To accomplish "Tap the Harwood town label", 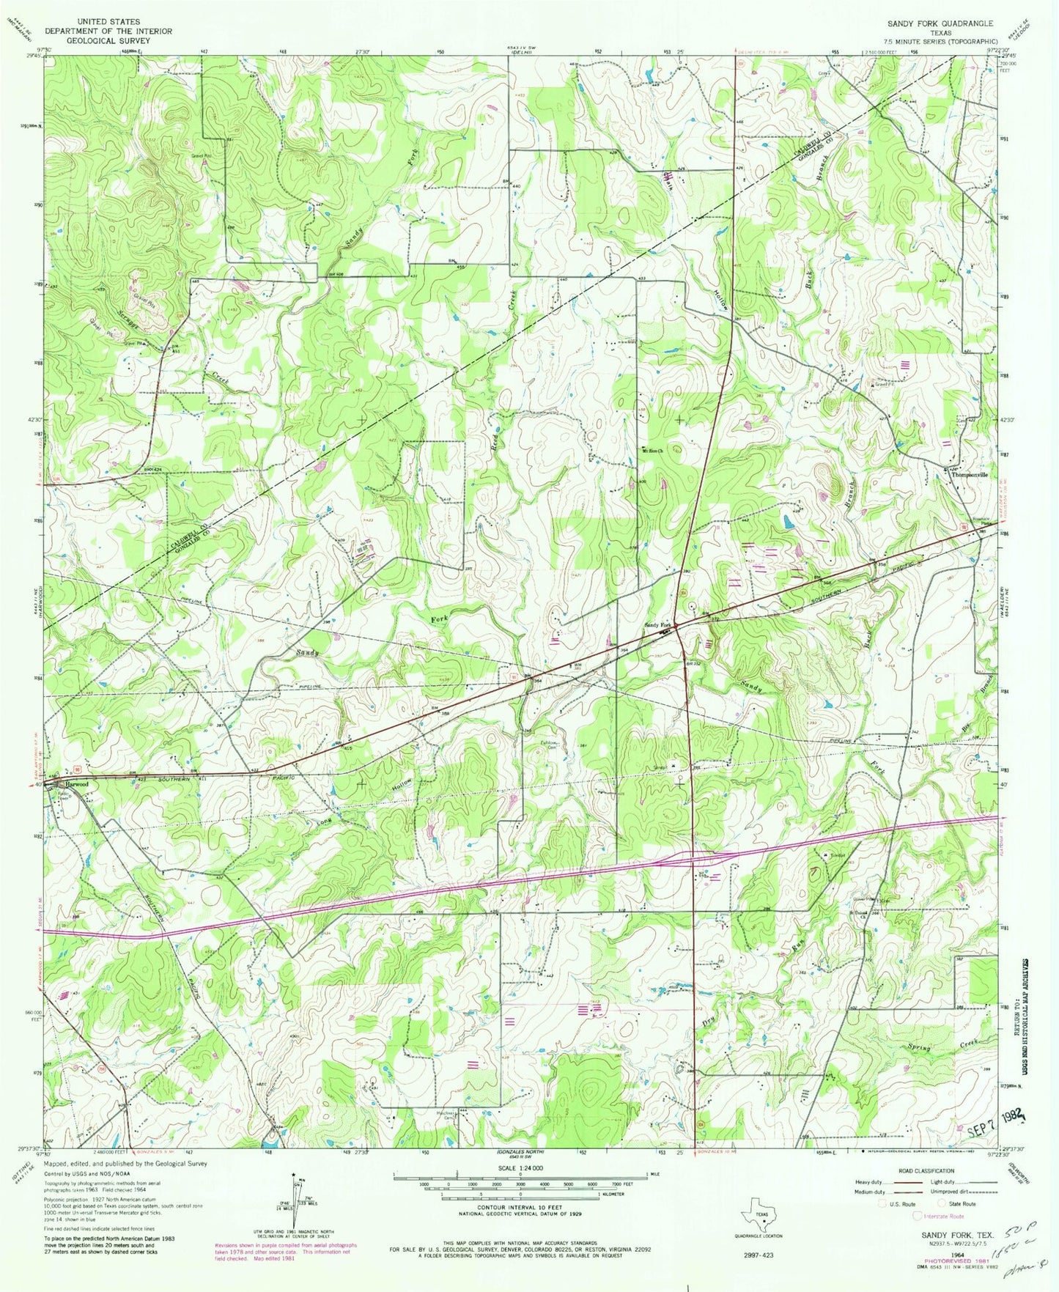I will [x=74, y=784].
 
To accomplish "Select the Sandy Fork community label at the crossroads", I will [x=657, y=625].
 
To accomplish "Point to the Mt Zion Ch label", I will [x=652, y=451].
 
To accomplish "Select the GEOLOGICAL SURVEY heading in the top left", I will [x=108, y=41].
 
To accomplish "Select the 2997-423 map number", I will [x=759, y=1254].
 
